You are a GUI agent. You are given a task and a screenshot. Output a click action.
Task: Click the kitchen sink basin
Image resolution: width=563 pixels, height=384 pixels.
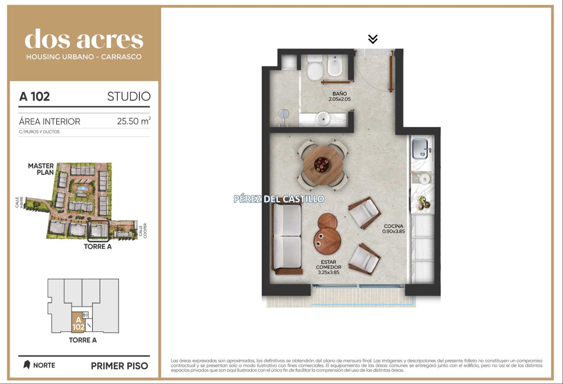tap(420, 149)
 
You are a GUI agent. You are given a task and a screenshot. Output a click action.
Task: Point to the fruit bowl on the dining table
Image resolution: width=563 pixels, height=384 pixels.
tap(321, 164)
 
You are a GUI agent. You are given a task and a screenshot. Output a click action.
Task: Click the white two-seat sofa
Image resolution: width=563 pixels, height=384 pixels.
tap(287, 239)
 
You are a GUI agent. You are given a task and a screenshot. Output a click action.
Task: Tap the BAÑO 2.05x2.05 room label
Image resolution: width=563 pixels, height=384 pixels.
tap(339, 96)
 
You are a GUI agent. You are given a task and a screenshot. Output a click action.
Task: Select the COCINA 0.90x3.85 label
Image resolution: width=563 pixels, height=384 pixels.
tap(393, 229)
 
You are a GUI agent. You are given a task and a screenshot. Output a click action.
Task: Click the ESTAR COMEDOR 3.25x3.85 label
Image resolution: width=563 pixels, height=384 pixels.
tap(329, 267)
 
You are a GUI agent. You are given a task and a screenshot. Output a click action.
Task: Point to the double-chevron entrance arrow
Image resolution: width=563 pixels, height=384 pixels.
tap(373, 39)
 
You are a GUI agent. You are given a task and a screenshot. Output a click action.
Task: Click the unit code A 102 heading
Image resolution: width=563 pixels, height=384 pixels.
tap(34, 97)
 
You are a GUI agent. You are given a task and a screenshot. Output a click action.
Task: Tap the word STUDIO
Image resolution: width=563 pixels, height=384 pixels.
tap(129, 97)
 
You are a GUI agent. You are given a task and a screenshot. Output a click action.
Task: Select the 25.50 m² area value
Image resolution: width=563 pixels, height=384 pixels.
tap(134, 121)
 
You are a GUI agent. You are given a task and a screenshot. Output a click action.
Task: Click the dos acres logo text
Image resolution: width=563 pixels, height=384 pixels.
tap(84, 39)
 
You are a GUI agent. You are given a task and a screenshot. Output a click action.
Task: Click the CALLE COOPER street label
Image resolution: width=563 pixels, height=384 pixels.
tap(143, 231)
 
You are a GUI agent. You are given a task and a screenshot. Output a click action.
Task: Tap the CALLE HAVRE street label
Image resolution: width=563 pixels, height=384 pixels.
tap(19, 202)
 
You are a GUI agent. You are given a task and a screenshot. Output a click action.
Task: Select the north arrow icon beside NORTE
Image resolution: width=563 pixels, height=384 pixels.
tap(27, 365)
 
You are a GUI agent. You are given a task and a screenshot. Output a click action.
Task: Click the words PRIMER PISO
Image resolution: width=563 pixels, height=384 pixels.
tap(120, 366)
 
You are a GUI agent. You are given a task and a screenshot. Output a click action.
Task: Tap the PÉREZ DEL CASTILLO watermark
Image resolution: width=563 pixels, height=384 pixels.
tap(279, 199)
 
